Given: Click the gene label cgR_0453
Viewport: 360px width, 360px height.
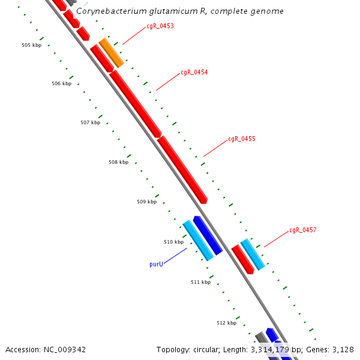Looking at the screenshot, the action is (160, 26).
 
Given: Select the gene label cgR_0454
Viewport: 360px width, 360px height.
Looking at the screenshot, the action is (194, 72).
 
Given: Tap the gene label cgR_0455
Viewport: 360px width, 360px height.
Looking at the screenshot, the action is (242, 139).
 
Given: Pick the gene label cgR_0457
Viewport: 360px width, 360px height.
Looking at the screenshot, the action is (303, 230).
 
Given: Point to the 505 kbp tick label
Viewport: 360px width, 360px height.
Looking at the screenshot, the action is (31, 45).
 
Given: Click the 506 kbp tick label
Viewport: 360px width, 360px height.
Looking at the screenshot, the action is (61, 83).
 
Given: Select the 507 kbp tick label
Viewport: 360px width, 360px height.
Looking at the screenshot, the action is (90, 122).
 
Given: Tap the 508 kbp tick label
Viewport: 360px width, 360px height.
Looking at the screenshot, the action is (118, 162).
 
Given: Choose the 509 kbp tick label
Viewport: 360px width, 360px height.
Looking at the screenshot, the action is (146, 202).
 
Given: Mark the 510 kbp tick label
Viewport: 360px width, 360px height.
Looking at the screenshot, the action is (173, 242).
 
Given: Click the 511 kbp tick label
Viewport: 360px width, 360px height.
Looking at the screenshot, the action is (200, 282).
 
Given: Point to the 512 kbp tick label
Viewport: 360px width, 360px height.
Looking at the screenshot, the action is (226, 323).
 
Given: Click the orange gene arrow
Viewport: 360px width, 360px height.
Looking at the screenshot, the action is (112, 53).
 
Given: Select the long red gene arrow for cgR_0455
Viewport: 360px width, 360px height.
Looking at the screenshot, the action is (182, 169).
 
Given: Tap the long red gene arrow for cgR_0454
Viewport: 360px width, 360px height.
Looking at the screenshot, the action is (136, 104).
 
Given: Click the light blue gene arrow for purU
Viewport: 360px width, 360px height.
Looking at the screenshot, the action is (198, 240).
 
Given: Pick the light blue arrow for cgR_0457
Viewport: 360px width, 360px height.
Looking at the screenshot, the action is (253, 254).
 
